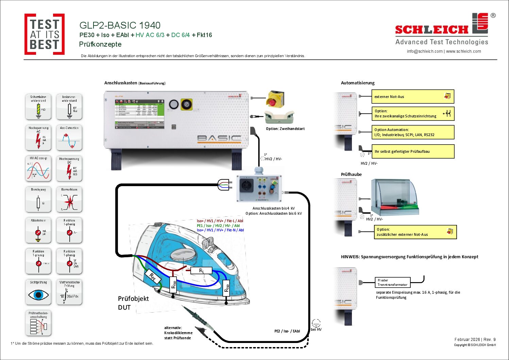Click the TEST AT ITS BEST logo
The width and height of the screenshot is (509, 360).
click(45, 34)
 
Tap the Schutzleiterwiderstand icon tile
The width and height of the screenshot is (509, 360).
click(38, 107)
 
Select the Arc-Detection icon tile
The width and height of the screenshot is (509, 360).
click(69, 138)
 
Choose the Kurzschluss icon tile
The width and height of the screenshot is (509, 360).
click(69, 200)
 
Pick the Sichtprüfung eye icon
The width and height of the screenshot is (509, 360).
click(38, 292)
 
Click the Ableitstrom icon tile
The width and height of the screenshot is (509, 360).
click(38, 230)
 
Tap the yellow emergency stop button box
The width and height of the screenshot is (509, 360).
click(274, 99)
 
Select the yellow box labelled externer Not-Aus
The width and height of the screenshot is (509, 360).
click(413, 97)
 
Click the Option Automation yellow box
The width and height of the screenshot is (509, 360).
click(413, 132)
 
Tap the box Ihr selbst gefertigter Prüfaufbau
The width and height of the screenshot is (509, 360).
click(413, 151)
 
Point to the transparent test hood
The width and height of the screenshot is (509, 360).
click(394, 195)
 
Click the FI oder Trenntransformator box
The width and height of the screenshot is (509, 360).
click(392, 282)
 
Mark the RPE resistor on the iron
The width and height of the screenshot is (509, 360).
click(153, 278)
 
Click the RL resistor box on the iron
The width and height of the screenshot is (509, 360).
click(201, 271)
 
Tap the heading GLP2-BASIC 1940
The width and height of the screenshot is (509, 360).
click(120, 25)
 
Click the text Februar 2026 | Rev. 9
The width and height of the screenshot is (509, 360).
click(475, 340)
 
